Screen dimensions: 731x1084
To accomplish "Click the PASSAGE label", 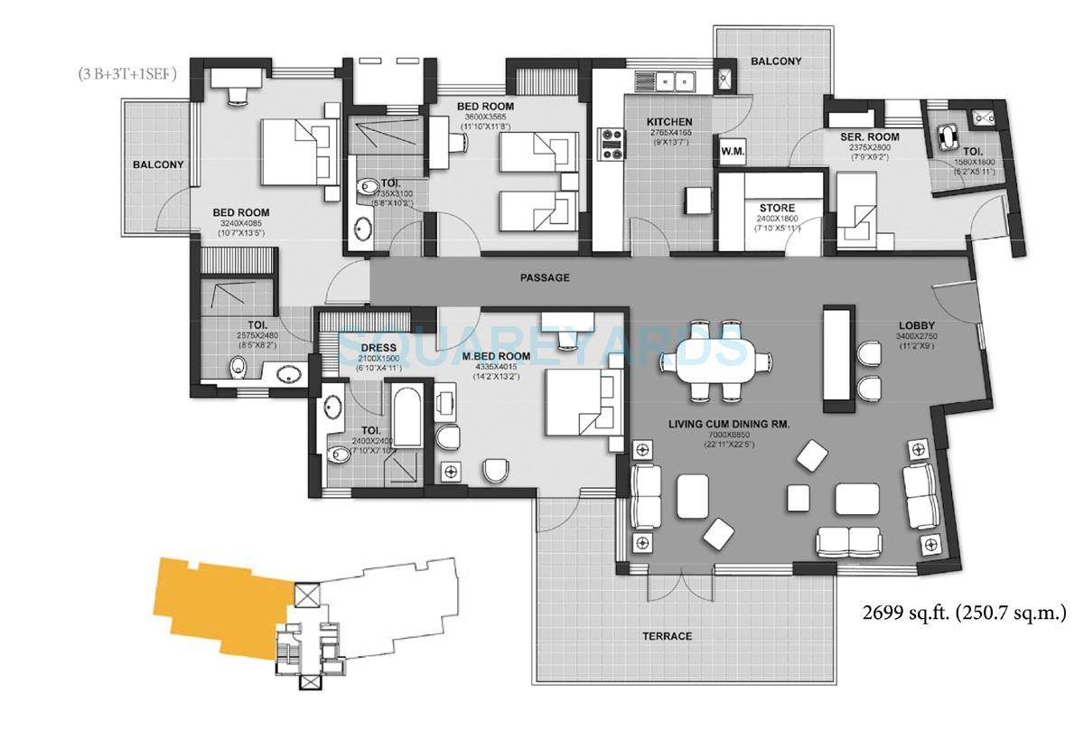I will tap(545, 277).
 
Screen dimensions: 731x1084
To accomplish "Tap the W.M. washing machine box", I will tap(732, 152).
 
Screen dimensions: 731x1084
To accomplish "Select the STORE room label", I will tap(777, 208).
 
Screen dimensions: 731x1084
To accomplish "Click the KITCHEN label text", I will tap(669, 122).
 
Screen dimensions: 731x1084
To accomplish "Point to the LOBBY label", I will tap(916, 325).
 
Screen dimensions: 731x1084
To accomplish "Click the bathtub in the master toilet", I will tap(407, 417).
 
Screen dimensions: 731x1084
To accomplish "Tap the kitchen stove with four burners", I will tap(612, 143).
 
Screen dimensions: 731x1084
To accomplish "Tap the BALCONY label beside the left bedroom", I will tap(158, 165).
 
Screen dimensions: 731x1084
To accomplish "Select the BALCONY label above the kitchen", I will tap(775, 61).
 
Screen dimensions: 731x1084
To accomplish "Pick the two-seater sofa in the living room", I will tap(848, 540).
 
